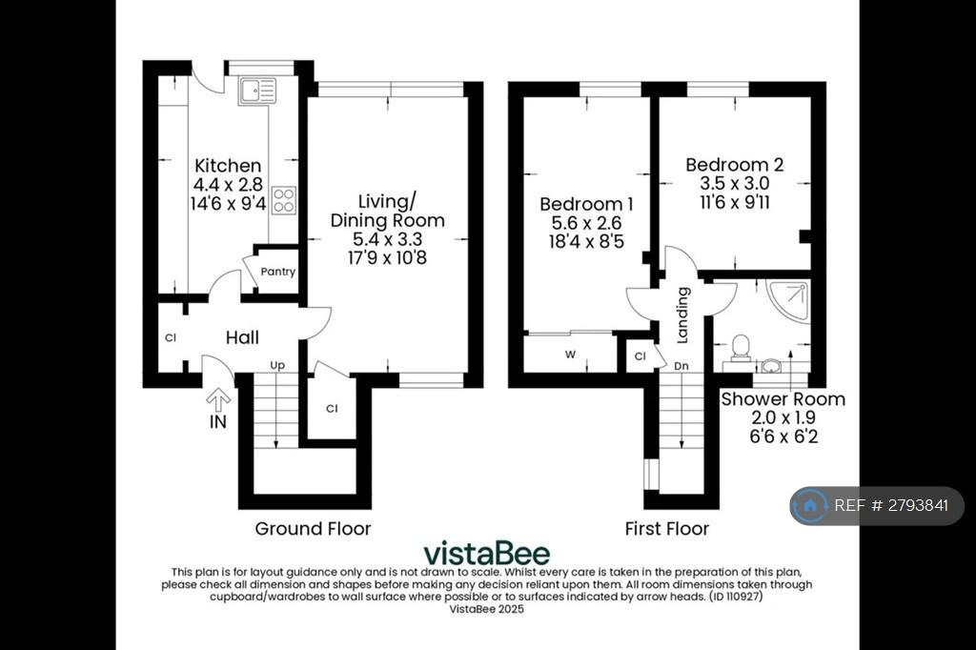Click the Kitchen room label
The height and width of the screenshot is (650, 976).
tap(228, 166)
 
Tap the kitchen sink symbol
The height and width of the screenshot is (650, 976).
tap(257, 91)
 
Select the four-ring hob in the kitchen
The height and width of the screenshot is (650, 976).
tap(284, 200)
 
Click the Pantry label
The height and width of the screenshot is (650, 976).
tap(277, 272)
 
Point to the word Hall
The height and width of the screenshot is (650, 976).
tap(242, 337)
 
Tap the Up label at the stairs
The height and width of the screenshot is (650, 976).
tap(277, 365)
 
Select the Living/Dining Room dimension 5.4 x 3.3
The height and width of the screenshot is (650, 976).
tap(387, 239)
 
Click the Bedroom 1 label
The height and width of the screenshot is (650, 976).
tap(586, 204)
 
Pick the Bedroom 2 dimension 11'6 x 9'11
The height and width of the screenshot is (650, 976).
tap(735, 202)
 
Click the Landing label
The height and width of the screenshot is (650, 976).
tap(682, 315)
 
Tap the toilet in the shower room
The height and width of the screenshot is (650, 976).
tap(741, 348)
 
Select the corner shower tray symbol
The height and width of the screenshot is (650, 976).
tap(788, 301)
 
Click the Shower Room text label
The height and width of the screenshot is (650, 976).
tap(783, 399)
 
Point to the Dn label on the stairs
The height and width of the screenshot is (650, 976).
tap(681, 366)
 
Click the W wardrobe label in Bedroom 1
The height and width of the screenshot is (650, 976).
tap(570, 355)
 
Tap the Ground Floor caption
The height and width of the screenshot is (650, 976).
tap(313, 529)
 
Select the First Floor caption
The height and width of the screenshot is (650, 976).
tap(666, 529)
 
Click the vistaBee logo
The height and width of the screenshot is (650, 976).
tap(487, 553)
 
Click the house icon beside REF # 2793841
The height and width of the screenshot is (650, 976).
tap(810, 505)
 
